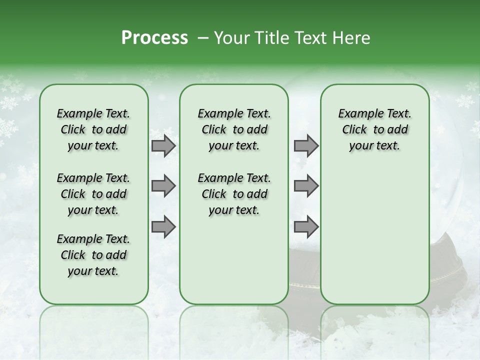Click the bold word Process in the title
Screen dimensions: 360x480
(x=154, y=38)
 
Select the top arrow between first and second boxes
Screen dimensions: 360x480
(x=163, y=146)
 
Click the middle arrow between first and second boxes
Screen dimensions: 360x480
(x=163, y=186)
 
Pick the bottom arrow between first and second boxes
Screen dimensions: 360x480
(x=163, y=227)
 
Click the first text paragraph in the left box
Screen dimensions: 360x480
(x=93, y=129)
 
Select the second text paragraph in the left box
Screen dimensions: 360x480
(x=93, y=194)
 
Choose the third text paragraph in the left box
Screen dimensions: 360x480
(x=93, y=255)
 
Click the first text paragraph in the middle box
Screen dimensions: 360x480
(x=234, y=129)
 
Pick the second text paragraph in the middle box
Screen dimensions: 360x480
(x=234, y=194)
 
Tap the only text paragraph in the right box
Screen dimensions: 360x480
(x=375, y=129)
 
